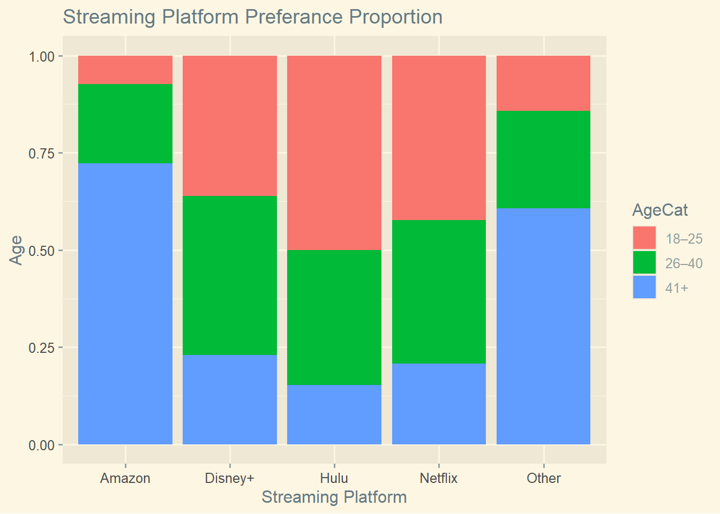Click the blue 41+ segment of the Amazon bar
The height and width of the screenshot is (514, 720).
[x=125, y=304]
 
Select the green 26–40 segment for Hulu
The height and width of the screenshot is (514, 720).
[x=334, y=317]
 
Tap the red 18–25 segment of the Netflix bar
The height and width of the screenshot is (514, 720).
[x=439, y=138]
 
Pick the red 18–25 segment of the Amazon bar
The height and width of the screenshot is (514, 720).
[x=125, y=70]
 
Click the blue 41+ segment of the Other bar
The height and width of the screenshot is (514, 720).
[x=543, y=326]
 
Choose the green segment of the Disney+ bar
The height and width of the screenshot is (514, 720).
[x=230, y=275]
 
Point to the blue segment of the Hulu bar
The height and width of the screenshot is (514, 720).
[x=334, y=414]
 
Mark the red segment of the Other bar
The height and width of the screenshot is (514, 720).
[x=543, y=83]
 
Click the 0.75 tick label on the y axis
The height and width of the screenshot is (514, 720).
[x=42, y=153]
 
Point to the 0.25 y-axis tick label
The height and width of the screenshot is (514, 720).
[x=42, y=347]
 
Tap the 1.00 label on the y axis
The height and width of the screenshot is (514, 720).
[x=42, y=56]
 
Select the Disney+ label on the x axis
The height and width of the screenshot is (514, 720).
[x=230, y=478]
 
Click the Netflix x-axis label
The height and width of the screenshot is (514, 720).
[x=439, y=478]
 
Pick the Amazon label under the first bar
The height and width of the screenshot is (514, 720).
[x=125, y=478]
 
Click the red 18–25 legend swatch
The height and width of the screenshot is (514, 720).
[x=644, y=238]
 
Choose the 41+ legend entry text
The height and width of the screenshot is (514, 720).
[x=677, y=288]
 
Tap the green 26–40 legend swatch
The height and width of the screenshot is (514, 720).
[x=644, y=263]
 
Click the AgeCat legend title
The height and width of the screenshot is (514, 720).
[x=660, y=210]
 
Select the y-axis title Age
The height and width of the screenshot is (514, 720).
[x=17, y=250]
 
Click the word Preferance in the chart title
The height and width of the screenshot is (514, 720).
[x=295, y=17]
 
